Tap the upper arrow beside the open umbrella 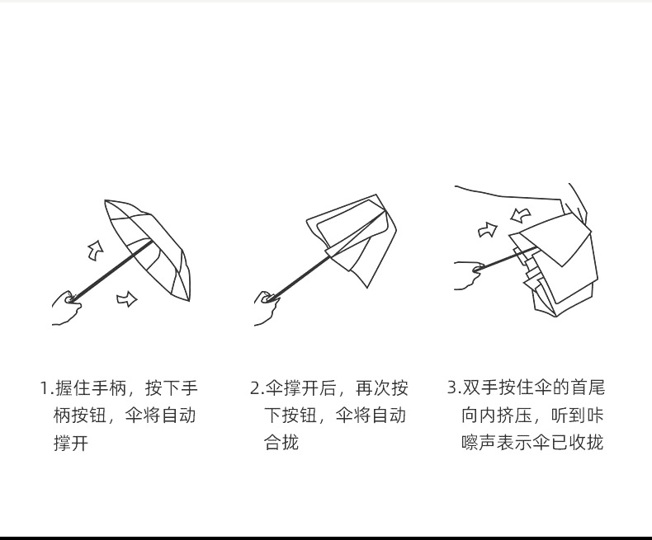click(96, 248)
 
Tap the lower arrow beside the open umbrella click(126, 298)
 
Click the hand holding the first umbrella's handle click(66, 307)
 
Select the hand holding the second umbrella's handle click(267, 307)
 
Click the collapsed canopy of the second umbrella click(355, 239)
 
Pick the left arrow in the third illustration click(489, 230)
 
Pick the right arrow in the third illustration click(520, 215)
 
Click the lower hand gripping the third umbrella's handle click(469, 274)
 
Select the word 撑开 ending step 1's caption click(71, 444)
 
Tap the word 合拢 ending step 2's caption click(281, 444)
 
